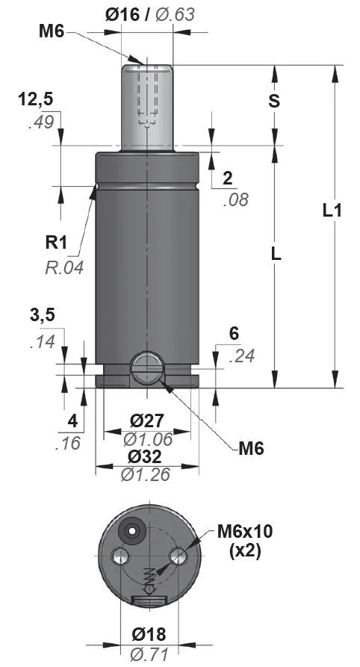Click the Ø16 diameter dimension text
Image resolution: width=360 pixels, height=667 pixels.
122,15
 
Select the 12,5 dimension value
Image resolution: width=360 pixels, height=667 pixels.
35,99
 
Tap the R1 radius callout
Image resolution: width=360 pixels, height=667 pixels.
57,243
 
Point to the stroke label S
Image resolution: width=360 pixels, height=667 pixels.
275,102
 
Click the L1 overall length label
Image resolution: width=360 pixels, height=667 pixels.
332,210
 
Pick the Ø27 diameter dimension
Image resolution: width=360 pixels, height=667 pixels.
147,421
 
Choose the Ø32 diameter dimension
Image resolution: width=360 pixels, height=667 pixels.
145,456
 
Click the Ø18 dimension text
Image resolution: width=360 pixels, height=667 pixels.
149,634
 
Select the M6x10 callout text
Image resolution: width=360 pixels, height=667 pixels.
245,531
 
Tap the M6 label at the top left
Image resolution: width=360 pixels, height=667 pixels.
52,31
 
